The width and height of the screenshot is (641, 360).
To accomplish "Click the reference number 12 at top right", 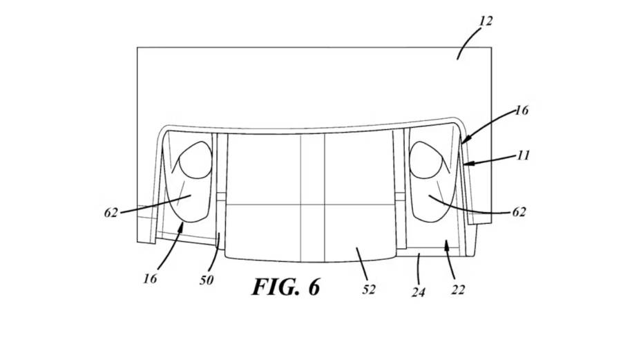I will coord(486,21).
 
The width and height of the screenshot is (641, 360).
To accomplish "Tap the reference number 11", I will coord(523,155).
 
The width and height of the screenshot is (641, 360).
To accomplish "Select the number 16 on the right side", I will coord(522,111).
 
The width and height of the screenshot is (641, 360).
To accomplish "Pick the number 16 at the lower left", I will coord(150,278).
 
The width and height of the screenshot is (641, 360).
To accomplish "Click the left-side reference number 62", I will coord(111,213).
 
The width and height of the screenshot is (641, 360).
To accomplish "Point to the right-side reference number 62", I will coord(519,212).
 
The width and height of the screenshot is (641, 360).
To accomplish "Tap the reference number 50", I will coord(207,280).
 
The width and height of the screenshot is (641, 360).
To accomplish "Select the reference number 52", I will coord(369,290).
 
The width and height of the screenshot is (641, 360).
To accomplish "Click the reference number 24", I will coord(419,292).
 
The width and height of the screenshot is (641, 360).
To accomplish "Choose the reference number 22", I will coord(457,290).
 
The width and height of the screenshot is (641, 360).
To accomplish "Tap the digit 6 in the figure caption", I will coord(313,287).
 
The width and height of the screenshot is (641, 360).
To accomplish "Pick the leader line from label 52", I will coord(362,266).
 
